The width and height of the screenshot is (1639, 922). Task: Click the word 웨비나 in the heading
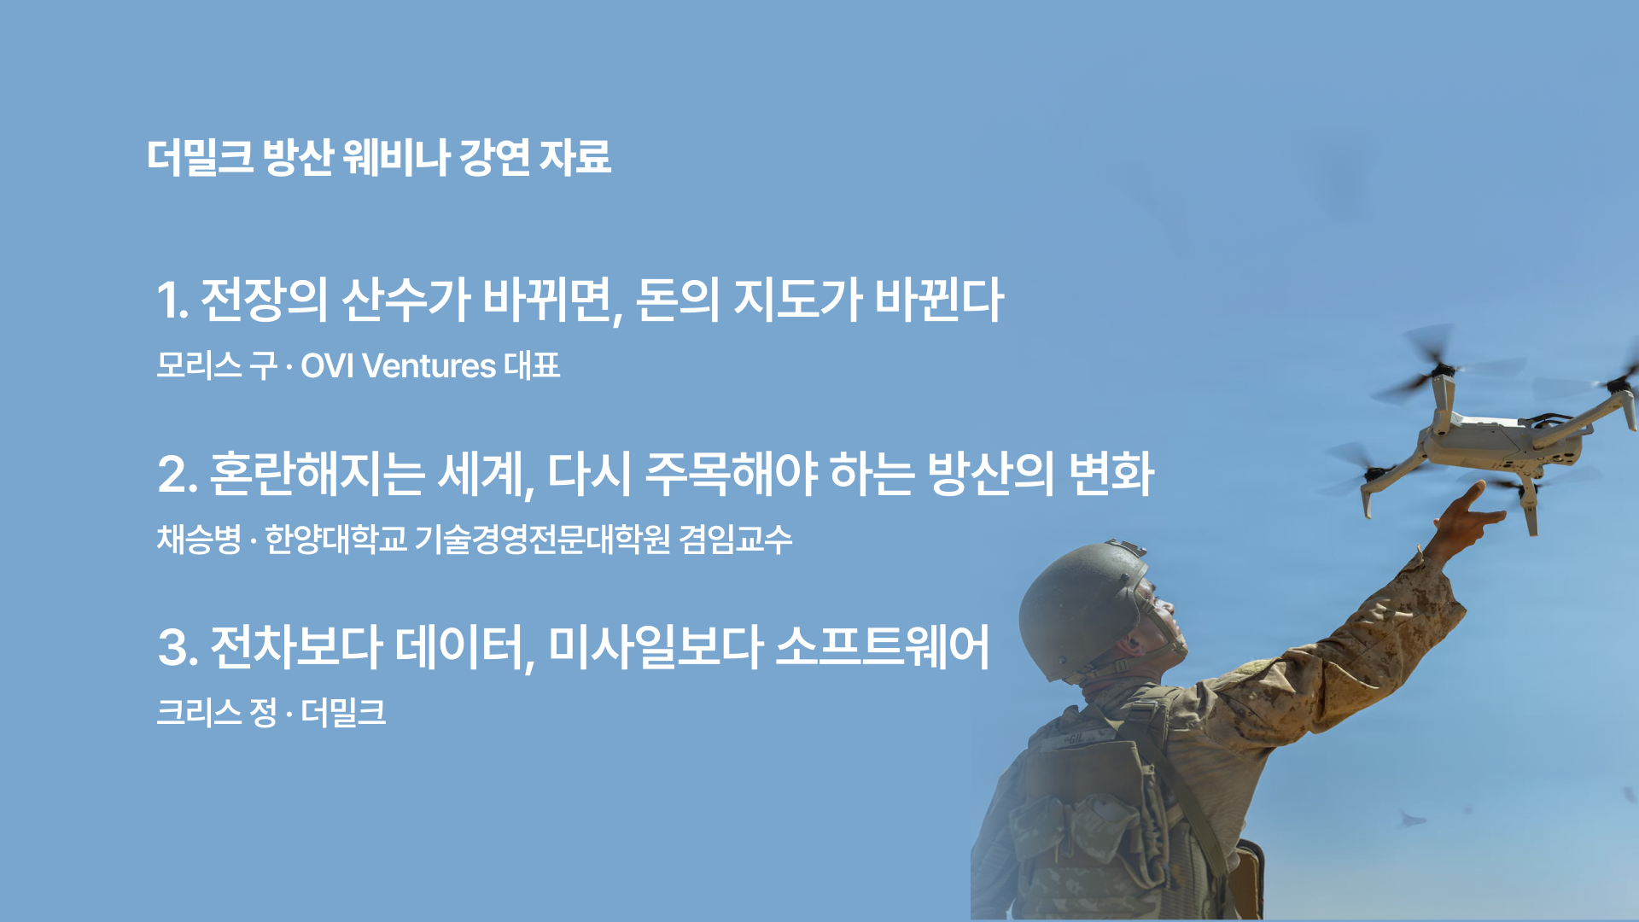(395, 157)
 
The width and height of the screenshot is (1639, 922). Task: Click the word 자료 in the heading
(575, 157)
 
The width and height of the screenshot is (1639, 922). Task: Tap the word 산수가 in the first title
(405, 301)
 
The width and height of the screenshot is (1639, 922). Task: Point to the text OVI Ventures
(398, 366)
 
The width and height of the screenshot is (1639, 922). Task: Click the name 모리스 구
(217, 366)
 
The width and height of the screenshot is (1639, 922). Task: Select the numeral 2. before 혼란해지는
(178, 474)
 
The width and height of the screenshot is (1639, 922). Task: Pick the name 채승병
(200, 540)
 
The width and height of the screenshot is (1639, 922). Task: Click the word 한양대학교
(335, 540)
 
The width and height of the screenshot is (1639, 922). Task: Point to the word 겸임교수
(736, 540)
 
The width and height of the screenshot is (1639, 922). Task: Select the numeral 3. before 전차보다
(178, 647)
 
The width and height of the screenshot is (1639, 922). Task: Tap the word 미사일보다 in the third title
(655, 647)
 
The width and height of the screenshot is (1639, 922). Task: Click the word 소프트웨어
(884, 647)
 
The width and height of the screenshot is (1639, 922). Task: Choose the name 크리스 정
(217, 713)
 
